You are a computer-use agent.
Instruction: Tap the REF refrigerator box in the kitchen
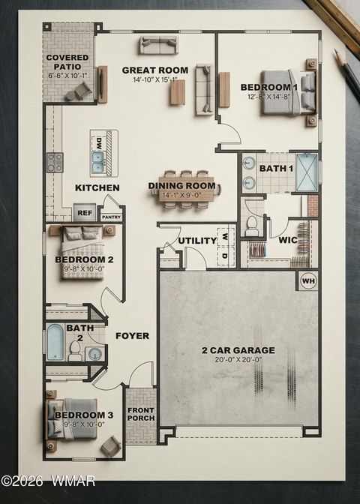(85, 212)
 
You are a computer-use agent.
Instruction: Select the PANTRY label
(111, 217)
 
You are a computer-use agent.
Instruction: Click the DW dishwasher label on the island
(98, 142)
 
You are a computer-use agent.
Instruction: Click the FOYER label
(132, 336)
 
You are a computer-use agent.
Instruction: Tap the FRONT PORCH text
(140, 414)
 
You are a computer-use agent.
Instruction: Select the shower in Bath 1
(306, 172)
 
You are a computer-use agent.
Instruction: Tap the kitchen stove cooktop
(55, 162)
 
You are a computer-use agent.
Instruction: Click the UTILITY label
(197, 241)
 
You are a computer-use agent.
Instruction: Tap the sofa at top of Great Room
(158, 44)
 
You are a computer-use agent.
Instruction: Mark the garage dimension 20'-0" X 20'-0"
(237, 360)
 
